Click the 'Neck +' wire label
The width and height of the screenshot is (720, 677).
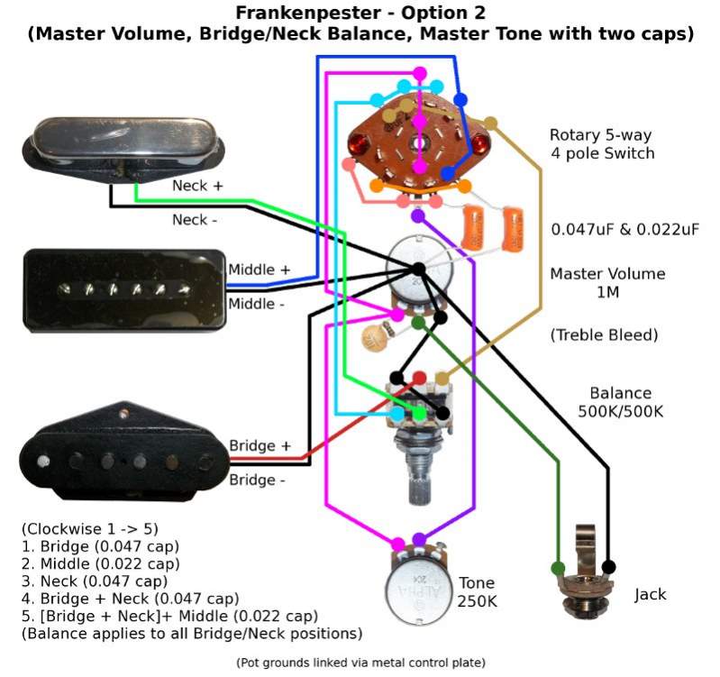pyautogui.click(x=197, y=186)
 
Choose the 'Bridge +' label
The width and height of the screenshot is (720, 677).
pyautogui.click(x=260, y=446)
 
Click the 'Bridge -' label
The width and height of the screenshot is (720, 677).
pyautogui.click(x=257, y=480)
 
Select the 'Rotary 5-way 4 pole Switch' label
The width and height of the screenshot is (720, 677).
pyautogui.click(x=602, y=144)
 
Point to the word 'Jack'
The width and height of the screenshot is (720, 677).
pyautogui.click(x=650, y=594)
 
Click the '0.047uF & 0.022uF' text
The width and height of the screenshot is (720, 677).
pyautogui.click(x=624, y=229)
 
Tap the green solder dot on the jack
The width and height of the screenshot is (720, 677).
pyautogui.click(x=558, y=569)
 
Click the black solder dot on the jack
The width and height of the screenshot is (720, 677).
pyautogui.click(x=609, y=567)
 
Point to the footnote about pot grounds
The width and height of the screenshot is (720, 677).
pyautogui.click(x=360, y=663)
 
